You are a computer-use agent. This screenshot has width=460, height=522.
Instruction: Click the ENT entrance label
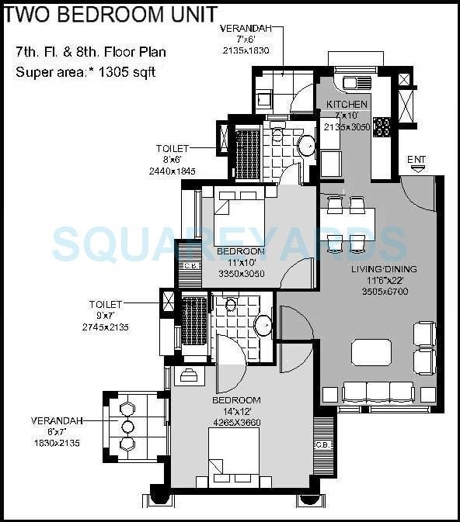point(417,159)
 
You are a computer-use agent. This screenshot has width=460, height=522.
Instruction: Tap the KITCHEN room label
point(347,105)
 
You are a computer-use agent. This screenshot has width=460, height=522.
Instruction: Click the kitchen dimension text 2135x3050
point(347,127)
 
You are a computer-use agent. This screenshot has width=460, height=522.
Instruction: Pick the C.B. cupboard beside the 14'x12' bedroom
point(322,444)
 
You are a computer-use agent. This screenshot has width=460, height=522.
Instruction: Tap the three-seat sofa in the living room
point(378,392)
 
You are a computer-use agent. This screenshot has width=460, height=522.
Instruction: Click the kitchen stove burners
point(382,126)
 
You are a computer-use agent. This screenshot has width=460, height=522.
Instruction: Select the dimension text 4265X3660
point(236,423)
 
